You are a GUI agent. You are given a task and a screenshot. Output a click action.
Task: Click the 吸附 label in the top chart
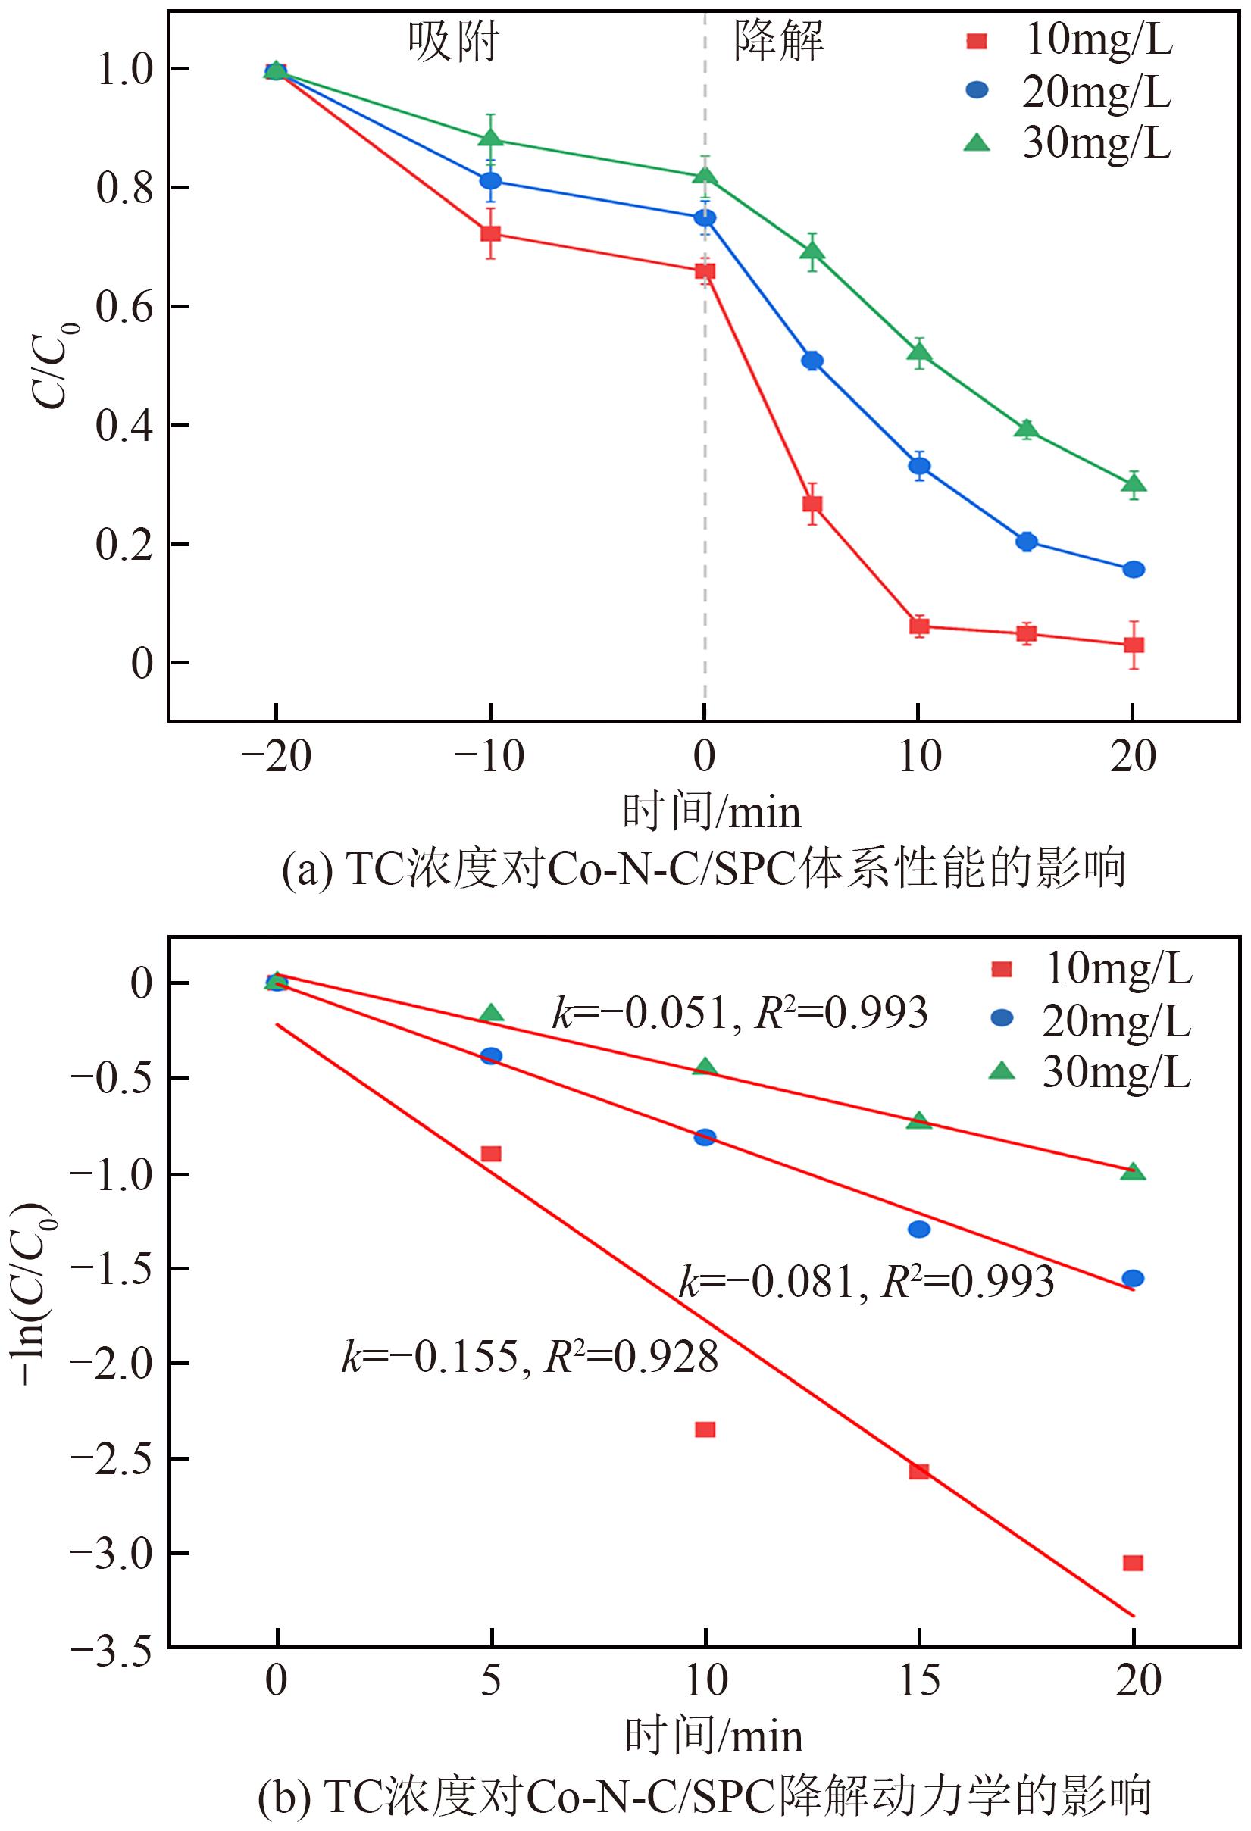point(452,41)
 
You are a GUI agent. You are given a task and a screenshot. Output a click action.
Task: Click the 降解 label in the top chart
point(779,41)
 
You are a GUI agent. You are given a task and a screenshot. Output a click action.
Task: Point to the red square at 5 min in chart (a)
point(812,504)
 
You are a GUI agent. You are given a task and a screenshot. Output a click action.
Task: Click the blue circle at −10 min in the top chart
point(490,180)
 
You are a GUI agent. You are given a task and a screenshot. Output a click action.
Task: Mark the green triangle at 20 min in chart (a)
point(1134,484)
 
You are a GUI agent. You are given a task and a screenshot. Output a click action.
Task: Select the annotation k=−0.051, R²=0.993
point(740,1013)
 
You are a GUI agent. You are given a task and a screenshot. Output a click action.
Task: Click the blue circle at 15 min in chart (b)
point(919,1228)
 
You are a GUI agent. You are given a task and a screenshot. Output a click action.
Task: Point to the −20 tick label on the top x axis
point(275,757)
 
